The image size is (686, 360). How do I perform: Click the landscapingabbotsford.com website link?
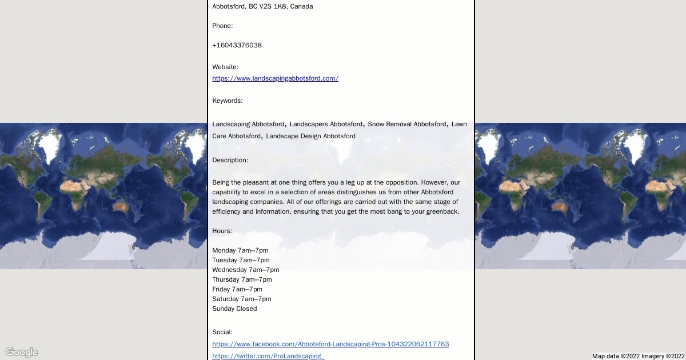tap(275, 78)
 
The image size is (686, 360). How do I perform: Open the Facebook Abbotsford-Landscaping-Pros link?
tap(330, 344)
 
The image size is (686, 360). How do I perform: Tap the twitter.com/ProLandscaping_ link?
tap(268, 356)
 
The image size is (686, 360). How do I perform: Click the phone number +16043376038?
tap(237, 45)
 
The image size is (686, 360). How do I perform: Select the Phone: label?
tap(222, 26)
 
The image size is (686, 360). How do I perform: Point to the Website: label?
tap(225, 67)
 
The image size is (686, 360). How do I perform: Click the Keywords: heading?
tap(228, 101)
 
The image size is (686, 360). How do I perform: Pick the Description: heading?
tap(230, 160)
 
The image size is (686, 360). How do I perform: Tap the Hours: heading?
tap(222, 231)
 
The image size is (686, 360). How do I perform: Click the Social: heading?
tap(222, 332)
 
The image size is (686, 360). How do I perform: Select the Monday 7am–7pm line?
tap(240, 250)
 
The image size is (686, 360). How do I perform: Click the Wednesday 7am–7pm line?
tap(246, 270)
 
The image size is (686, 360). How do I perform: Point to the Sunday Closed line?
tap(234, 309)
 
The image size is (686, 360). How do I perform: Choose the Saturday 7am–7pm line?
tap(242, 299)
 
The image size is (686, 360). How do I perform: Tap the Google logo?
tap(22, 352)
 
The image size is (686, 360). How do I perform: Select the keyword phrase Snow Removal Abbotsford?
tap(407, 124)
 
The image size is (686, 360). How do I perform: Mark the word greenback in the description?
tap(444, 211)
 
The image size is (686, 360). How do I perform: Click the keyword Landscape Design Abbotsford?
tap(310, 136)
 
